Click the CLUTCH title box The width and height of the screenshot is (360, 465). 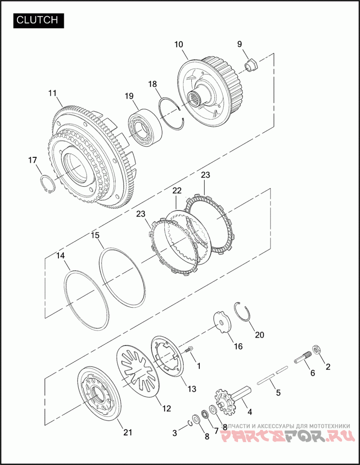coord(38,20)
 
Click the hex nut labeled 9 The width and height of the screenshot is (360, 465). coord(251,66)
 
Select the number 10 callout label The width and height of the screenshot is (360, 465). coord(179,45)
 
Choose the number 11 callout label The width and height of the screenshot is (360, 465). coord(52,93)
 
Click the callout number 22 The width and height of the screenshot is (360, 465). coord(177,191)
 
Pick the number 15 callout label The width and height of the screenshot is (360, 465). coord(95,235)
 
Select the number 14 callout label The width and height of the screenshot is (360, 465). coord(60,256)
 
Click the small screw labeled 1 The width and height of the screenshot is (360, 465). coord(189,349)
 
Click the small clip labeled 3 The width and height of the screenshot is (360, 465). coord(190,422)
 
